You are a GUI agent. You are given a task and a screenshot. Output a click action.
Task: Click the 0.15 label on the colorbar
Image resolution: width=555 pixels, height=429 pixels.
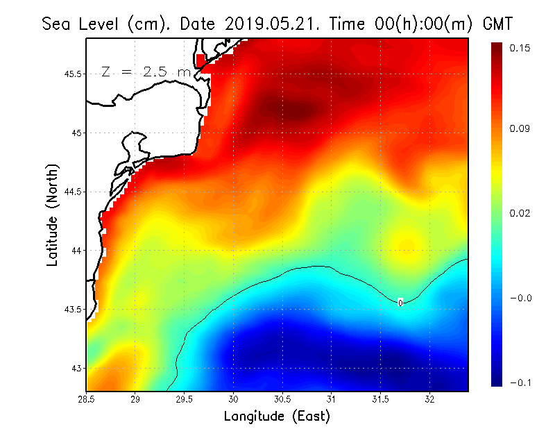[520, 48]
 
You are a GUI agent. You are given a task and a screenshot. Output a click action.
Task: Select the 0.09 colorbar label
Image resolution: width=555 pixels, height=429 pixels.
[520, 128]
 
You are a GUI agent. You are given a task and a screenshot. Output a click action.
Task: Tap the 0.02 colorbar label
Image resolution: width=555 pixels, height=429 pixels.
[520, 213]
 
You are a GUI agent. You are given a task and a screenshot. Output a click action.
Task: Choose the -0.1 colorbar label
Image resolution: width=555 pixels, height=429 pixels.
[520, 382]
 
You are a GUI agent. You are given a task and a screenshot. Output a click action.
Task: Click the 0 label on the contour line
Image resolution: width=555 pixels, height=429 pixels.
[400, 303]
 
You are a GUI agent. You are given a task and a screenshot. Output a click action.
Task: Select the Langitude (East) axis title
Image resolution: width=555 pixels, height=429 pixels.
[277, 417]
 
